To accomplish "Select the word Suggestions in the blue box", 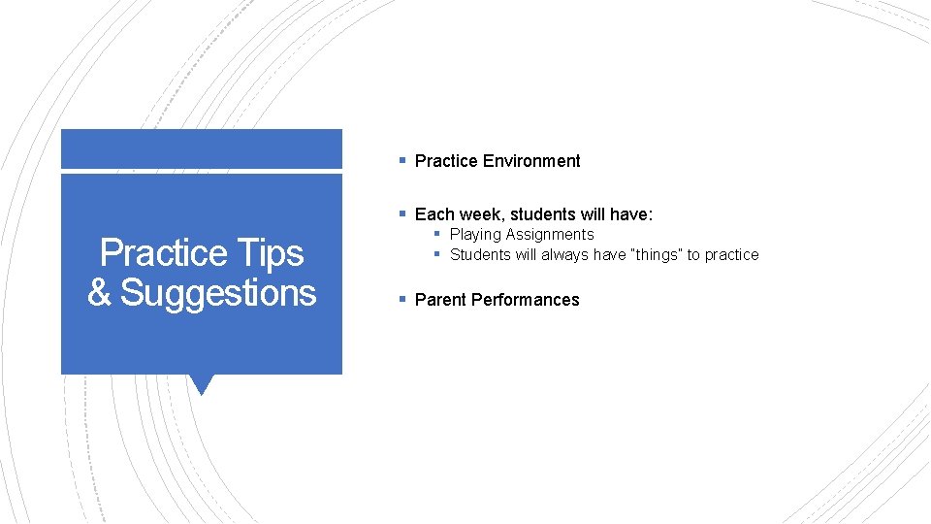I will (218, 292).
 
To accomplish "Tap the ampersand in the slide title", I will (99, 292).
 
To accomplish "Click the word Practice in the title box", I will (163, 253).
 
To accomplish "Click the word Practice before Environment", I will (446, 161).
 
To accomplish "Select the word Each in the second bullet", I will (433, 214).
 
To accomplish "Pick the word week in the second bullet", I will (479, 214).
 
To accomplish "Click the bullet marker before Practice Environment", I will (401, 160).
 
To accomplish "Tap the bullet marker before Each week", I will (401, 213).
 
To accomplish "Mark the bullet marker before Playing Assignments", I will (437, 234).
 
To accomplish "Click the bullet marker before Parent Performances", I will (401, 299).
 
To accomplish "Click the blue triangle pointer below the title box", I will (202, 383).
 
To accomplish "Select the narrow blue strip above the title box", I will (202, 149).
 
